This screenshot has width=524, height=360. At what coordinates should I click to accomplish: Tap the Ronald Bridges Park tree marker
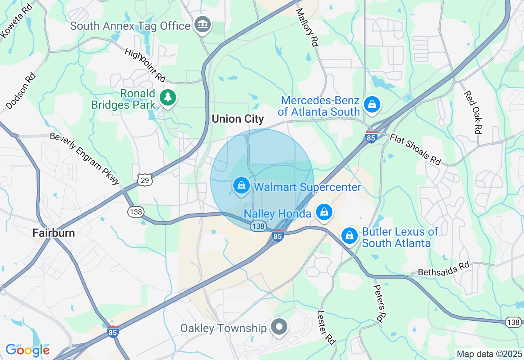click(168, 98)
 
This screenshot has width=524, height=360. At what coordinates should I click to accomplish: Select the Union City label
click(237, 119)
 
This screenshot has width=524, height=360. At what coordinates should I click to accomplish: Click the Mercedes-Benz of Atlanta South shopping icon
click(372, 105)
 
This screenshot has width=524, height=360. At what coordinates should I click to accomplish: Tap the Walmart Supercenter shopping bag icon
click(242, 186)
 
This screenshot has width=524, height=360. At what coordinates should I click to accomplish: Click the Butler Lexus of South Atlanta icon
click(350, 236)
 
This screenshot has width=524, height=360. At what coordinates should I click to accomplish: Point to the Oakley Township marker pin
click(280, 327)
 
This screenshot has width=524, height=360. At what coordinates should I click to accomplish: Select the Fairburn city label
click(54, 233)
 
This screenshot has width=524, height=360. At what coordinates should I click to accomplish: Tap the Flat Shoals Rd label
click(415, 149)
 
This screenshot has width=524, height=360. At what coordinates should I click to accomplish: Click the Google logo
click(27, 350)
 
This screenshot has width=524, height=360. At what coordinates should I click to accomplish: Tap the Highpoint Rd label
click(145, 65)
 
